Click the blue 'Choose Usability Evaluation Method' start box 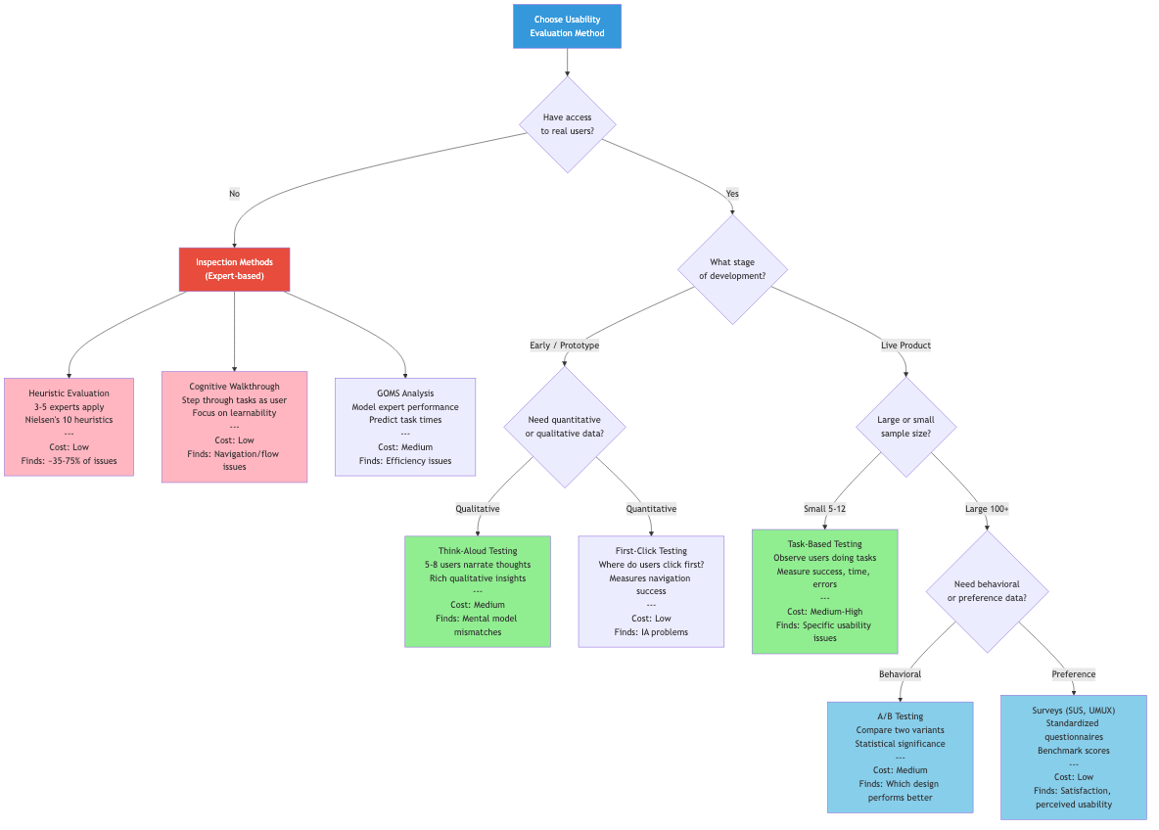point(567,26)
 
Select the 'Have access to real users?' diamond point(567,124)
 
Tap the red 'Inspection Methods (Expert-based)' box point(234,269)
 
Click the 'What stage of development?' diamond point(732,269)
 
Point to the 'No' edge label point(234,194)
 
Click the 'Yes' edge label point(732,194)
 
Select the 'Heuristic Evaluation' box point(69,427)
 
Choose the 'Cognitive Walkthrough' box point(234,427)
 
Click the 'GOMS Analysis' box point(405,427)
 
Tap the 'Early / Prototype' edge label point(565,346)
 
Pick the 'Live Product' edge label point(905,346)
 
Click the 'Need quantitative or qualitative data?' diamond point(565,427)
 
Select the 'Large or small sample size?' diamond point(905,427)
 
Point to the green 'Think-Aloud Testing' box point(478,591)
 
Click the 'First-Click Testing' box point(651,591)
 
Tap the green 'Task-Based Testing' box point(824,591)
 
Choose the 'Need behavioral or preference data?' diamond point(987,591)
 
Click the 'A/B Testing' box point(900,757)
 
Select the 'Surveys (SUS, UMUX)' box point(1074,757)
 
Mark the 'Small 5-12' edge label point(824,509)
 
